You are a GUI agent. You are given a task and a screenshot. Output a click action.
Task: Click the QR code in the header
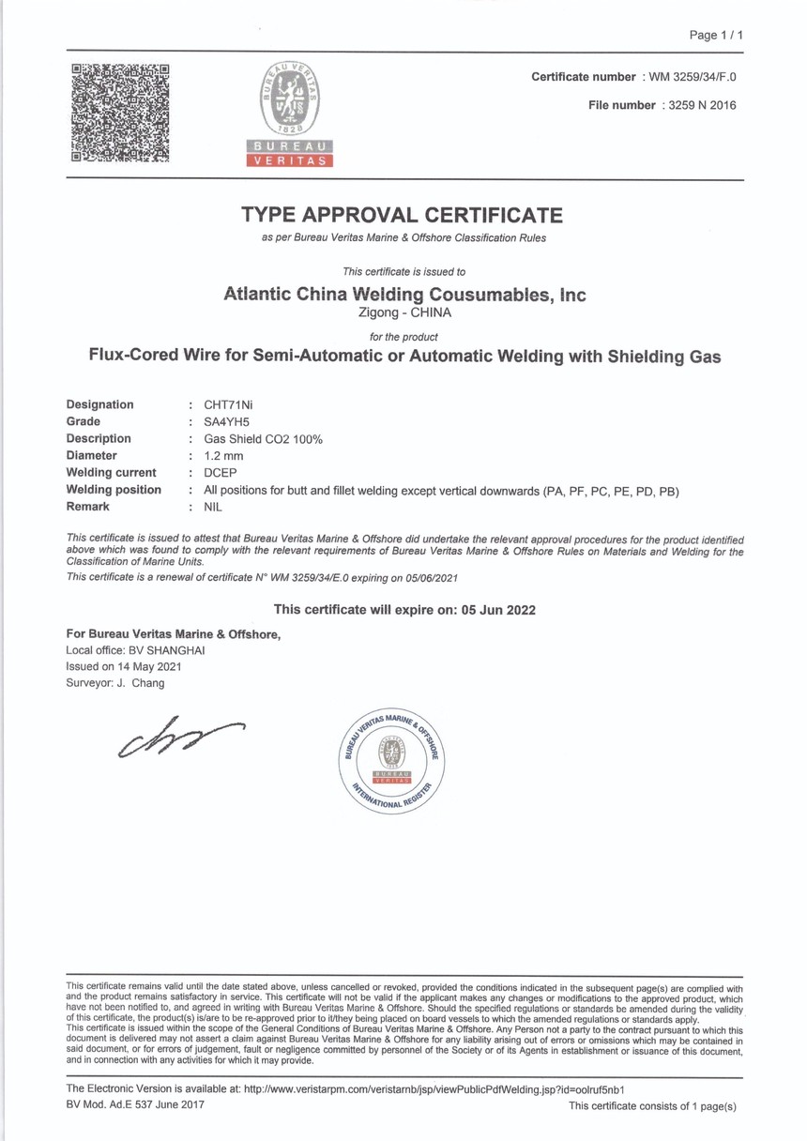tap(120, 113)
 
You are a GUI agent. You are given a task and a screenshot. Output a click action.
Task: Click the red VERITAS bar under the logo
tap(290, 160)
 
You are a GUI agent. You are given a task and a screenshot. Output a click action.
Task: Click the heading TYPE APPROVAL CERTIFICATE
tap(403, 215)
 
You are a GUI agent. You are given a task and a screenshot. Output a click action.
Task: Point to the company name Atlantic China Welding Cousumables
tap(404, 294)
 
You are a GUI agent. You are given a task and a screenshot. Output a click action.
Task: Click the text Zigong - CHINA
tap(404, 312)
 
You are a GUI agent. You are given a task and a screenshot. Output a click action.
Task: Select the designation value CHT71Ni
tap(229, 404)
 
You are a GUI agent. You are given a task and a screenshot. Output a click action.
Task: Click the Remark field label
tap(87, 506)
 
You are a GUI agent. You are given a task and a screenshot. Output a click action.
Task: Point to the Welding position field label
tap(114, 489)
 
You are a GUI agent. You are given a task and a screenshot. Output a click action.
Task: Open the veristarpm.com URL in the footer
tap(434, 1088)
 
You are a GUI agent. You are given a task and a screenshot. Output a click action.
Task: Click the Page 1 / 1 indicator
tap(716, 35)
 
